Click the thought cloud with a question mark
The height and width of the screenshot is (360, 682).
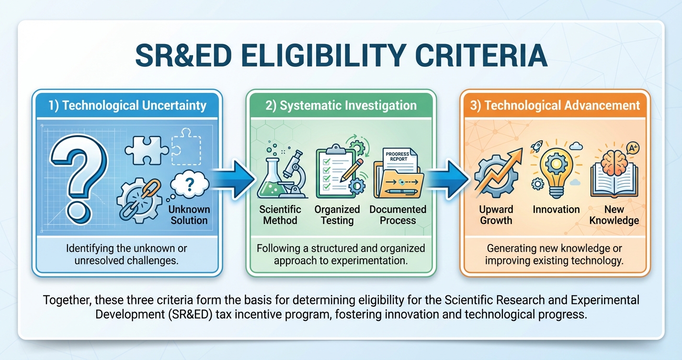(x=189, y=187)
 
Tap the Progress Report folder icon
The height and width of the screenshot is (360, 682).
(x=398, y=175)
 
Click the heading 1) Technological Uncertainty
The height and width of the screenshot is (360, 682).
(x=127, y=105)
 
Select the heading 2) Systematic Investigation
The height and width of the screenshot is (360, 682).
(x=341, y=105)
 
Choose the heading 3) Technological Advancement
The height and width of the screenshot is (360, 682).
(x=555, y=105)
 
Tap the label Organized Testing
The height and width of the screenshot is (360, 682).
(x=337, y=215)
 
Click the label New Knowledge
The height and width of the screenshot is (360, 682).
(x=614, y=215)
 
